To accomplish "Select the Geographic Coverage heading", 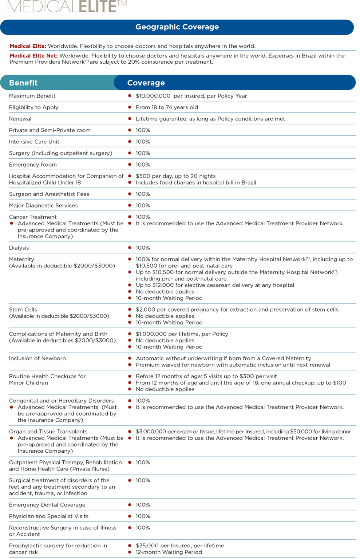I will pyautogui.click(x=177, y=27).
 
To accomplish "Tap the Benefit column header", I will pyautogui.click(x=23, y=83).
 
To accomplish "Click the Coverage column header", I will pyautogui.click(x=146, y=83).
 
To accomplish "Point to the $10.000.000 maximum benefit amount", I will pyautogui.click(x=153, y=96).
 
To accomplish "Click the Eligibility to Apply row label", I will pyautogui.click(x=33, y=107).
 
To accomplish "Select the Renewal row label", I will pyautogui.click(x=20, y=119).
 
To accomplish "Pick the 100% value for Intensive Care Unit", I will pyautogui.click(x=143, y=142).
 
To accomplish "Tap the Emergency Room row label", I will pyautogui.click(x=33, y=165).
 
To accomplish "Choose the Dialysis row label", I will pyautogui.click(x=19, y=248).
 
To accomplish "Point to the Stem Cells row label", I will pyautogui.click(x=23, y=310).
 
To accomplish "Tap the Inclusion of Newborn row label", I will pyautogui.click(x=37, y=358).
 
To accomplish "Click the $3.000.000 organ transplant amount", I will pyautogui.click(x=151, y=432).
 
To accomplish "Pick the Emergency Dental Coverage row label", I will pyautogui.click(x=47, y=505).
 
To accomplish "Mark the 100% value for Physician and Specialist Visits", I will pyautogui.click(x=143, y=516).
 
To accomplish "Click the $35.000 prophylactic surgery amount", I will pyautogui.click(x=147, y=546).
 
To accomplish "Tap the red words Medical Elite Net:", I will pyautogui.click(x=33, y=56).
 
